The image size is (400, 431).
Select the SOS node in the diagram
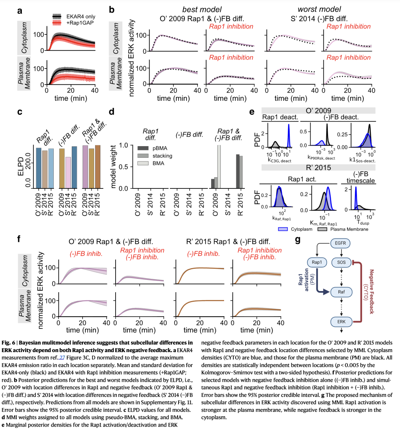[x=341, y=262]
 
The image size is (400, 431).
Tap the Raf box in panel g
[x=341, y=292]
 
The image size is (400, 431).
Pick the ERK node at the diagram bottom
[x=341, y=321]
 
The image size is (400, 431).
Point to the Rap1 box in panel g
[x=317, y=262]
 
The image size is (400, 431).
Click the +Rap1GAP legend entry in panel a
[x=80, y=23]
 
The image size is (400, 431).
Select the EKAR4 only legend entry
[x=80, y=17]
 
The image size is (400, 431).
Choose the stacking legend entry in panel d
[x=162, y=156]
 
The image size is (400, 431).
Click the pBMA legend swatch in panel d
[x=143, y=148]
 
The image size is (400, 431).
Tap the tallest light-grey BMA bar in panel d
[x=219, y=167]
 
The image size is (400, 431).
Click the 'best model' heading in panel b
[x=202, y=9]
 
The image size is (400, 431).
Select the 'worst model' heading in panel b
[x=319, y=9]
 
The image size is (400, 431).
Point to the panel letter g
[x=298, y=240]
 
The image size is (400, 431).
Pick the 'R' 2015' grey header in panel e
[x=318, y=167]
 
